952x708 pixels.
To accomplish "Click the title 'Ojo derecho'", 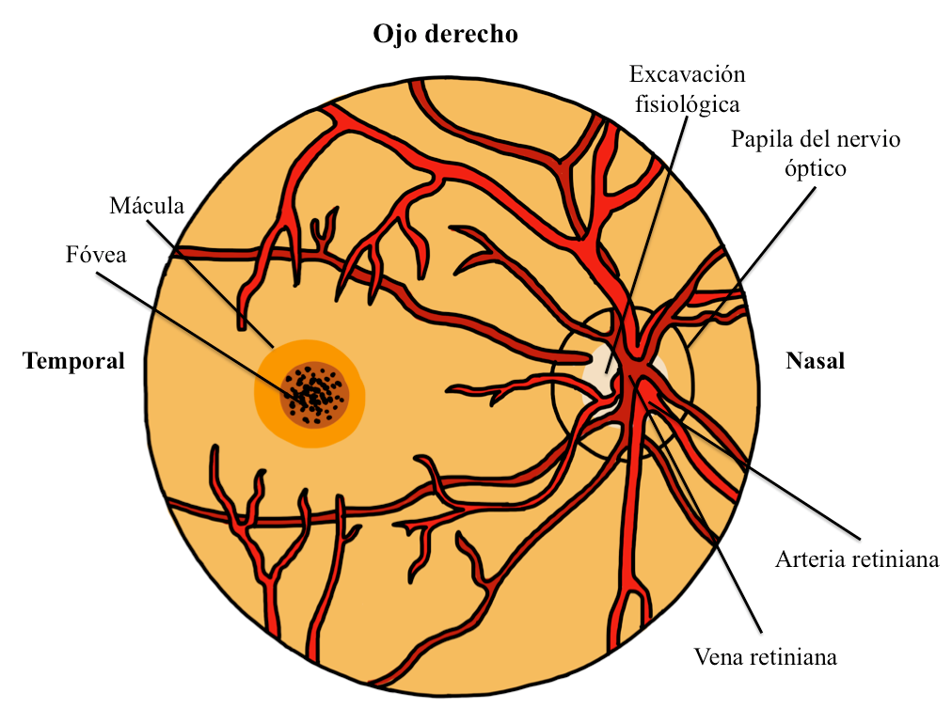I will coord(445,35).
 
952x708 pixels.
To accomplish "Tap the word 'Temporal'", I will coord(74,361).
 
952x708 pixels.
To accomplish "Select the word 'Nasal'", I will coord(815,361).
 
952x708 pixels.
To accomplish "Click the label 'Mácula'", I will coord(146,205).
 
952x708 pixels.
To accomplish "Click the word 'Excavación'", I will coord(687,73).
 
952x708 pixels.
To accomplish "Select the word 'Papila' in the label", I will coord(759,140).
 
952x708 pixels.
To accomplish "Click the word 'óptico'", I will coord(816,169).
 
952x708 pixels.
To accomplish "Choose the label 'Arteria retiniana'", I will coord(857,559).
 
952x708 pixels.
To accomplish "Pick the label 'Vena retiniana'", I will coord(765,656).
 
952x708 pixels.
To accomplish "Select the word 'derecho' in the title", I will coord(469,35).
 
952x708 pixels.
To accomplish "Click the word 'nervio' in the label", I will coord(870,140).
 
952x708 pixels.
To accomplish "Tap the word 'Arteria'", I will coord(812,559).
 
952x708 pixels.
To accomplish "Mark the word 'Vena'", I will coord(716,656).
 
